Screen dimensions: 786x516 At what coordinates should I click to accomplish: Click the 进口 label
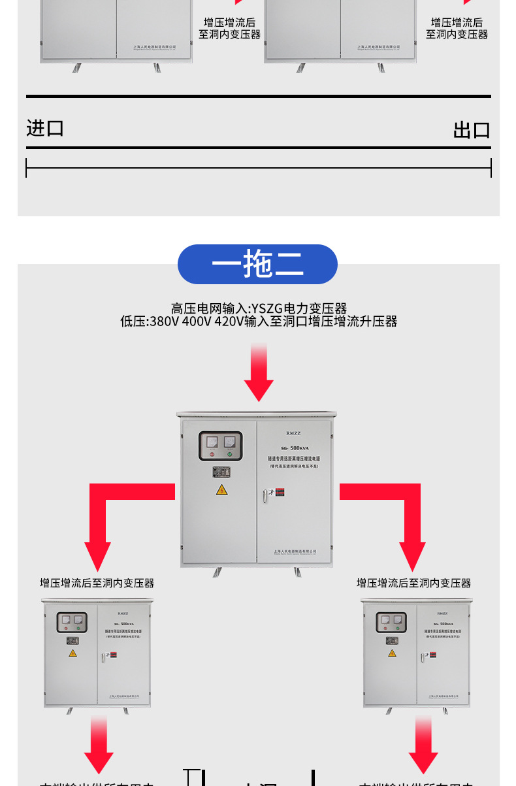[45, 128]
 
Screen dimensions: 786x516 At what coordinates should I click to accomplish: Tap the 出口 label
[472, 130]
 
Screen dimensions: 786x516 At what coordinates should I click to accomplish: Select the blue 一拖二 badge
[257, 265]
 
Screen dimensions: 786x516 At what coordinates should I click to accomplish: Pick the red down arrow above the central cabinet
[259, 372]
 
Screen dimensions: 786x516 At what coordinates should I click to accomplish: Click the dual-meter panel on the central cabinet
[220, 446]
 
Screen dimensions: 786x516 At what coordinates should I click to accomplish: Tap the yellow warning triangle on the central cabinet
[222, 490]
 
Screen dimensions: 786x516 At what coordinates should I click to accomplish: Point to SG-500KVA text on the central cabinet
[294, 448]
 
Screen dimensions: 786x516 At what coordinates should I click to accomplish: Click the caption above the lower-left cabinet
[97, 583]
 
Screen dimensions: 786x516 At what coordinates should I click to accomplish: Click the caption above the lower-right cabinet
[413, 583]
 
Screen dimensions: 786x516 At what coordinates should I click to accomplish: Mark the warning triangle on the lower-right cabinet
[392, 653]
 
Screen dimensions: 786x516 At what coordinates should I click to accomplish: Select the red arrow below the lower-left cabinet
[99, 745]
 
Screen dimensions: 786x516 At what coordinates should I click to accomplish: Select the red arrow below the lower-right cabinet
[423, 745]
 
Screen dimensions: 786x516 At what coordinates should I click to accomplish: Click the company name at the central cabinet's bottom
[295, 551]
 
